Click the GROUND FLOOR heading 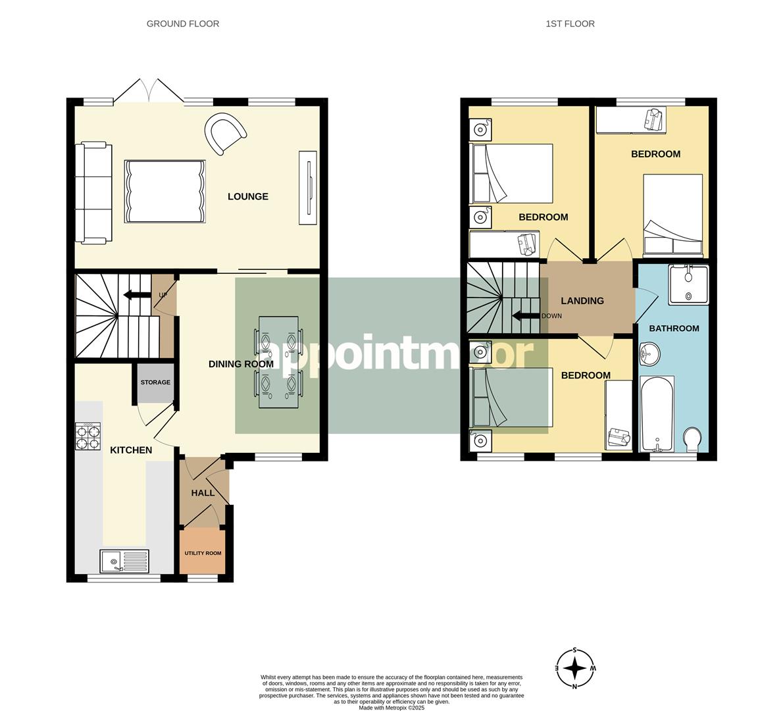pos(182,24)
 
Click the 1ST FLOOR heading pos(570,24)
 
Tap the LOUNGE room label pos(248,196)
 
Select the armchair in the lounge pos(225,134)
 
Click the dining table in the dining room pos(278,362)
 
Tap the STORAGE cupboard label pos(155,382)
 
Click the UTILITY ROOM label pos(203,553)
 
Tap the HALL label pos(202,492)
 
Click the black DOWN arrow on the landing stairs pos(525,315)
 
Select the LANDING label pos(582,301)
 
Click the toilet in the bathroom pos(693,440)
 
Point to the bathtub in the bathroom pos(657,415)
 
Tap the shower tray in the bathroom pos(688,285)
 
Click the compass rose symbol pos(575,668)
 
